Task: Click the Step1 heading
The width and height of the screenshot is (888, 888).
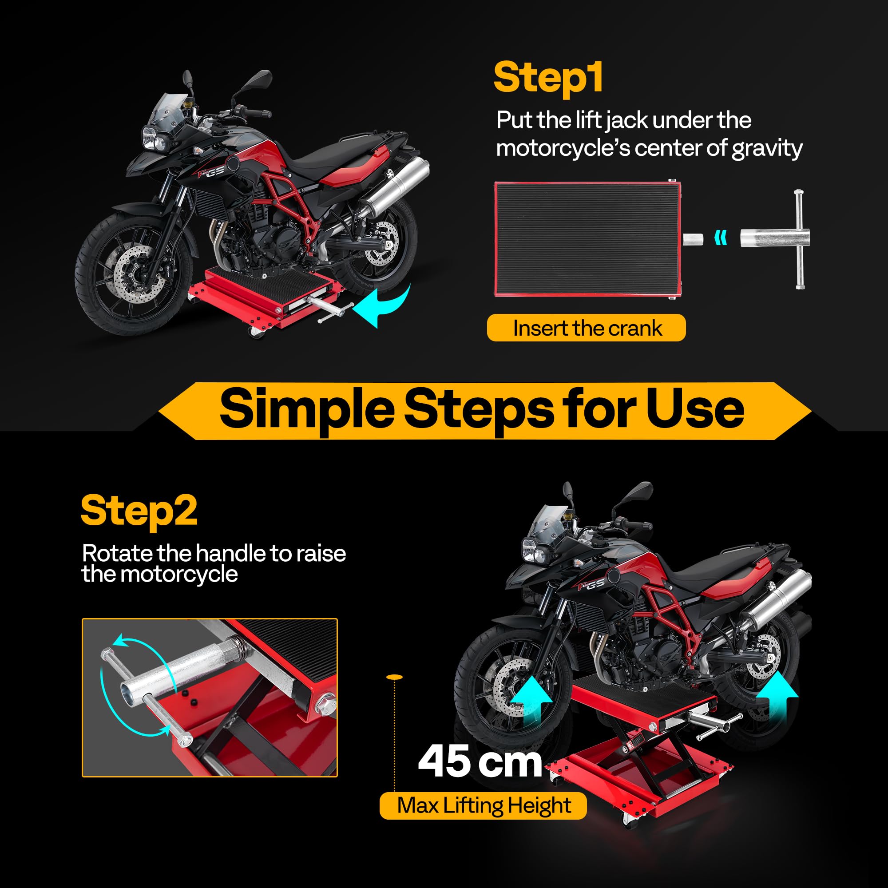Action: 548,78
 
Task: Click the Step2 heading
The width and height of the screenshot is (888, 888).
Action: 139,511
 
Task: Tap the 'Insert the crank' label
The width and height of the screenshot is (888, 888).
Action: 587,328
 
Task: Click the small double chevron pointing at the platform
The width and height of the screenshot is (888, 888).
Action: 721,238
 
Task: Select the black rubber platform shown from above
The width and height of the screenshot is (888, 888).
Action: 587,239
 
